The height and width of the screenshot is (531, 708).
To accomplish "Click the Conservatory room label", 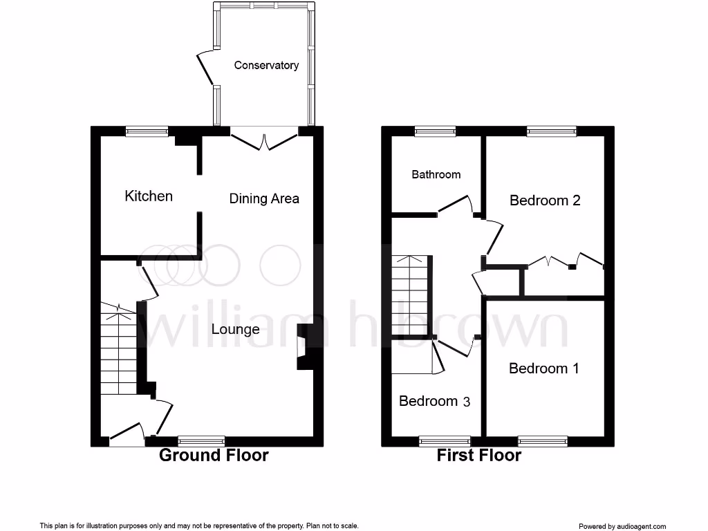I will [266, 66].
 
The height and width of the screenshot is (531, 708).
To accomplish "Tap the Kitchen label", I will [149, 196].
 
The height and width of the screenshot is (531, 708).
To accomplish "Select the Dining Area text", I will [264, 199].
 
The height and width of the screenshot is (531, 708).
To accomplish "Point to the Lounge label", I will [236, 329].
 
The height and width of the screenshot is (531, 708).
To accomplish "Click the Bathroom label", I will [436, 174].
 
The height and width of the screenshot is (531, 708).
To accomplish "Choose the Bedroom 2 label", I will [545, 201].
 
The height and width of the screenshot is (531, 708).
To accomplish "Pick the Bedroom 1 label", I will [543, 369].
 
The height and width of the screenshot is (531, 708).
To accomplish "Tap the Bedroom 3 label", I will [435, 401].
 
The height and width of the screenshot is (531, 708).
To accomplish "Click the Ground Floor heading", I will [214, 455].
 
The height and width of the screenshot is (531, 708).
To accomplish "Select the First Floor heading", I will [478, 455].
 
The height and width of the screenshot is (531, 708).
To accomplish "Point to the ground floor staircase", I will [119, 349].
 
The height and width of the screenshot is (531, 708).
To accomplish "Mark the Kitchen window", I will [147, 131].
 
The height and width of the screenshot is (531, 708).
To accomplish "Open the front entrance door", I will [127, 434].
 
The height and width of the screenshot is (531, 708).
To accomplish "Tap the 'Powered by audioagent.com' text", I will [622, 526].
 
